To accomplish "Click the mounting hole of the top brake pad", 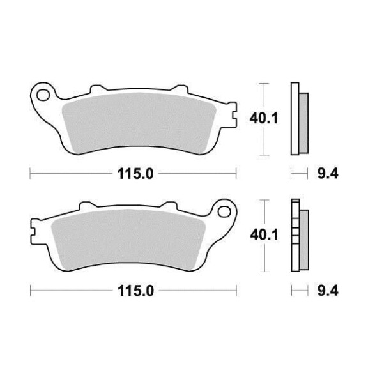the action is click(43, 95).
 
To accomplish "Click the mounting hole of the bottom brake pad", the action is click(224, 211).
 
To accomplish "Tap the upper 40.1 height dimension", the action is click(264, 118).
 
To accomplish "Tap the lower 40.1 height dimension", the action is click(264, 235).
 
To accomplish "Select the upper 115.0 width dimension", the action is click(135, 174).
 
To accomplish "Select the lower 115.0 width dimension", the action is click(136, 291).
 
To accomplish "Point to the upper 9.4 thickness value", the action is click(328, 174).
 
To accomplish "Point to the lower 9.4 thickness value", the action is click(328, 291).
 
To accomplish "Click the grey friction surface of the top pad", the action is click(139, 123).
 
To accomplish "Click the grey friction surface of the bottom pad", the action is click(128, 240).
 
